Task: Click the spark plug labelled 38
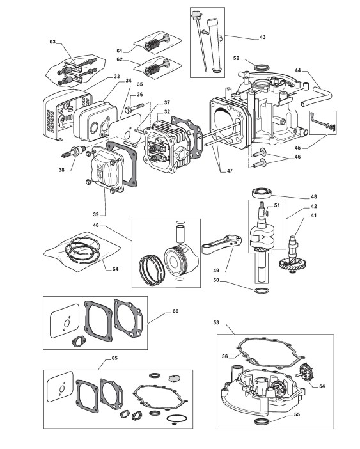point(74,151)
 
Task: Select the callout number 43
point(262,37)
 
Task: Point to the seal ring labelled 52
point(262,68)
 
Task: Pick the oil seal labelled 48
point(262,193)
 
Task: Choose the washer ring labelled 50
point(262,291)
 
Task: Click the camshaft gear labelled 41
point(292,256)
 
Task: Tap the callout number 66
point(175,311)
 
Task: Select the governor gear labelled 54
point(304,372)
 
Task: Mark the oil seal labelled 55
point(262,421)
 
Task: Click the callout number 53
point(216,322)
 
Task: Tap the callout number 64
point(115,269)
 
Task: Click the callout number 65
point(114,358)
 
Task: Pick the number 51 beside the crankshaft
point(277,205)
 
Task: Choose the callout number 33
point(117,77)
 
